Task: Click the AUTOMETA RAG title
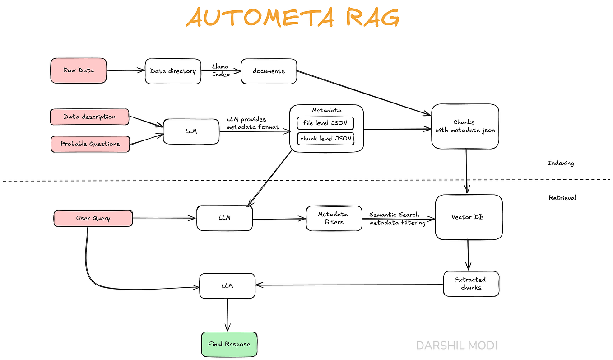click(293, 18)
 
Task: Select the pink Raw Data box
click(79, 70)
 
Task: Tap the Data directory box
click(173, 71)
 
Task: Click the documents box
click(269, 71)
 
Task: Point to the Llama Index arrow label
click(221, 70)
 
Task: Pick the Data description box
click(89, 117)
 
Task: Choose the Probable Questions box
click(90, 144)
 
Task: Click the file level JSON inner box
click(325, 123)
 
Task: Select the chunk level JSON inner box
click(325, 139)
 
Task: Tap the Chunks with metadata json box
click(465, 126)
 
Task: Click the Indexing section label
click(561, 163)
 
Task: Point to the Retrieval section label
click(562, 197)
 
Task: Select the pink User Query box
click(93, 218)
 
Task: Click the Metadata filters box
click(334, 218)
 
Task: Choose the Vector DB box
click(469, 217)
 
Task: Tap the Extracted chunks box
click(471, 284)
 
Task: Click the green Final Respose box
click(229, 344)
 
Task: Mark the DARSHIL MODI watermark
click(456, 346)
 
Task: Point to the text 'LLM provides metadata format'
click(252, 123)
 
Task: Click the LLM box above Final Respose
click(227, 285)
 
